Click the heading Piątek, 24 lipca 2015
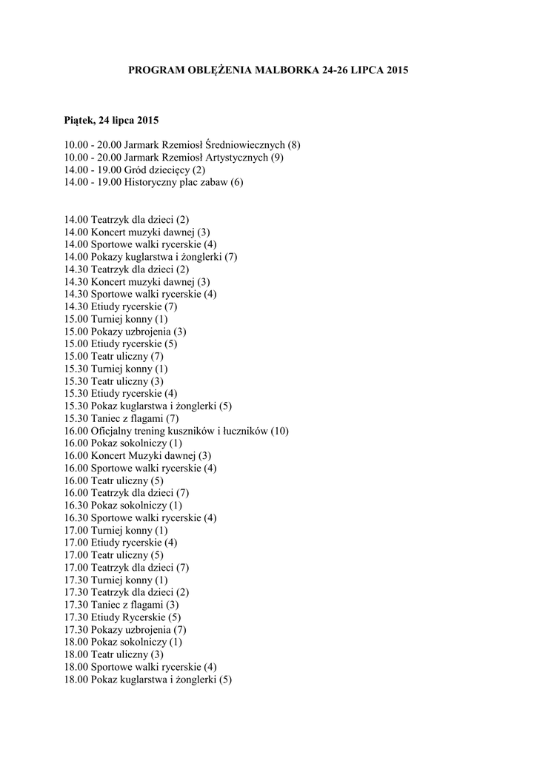[x=111, y=120]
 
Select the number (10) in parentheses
[x=278, y=431]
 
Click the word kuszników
[x=194, y=431]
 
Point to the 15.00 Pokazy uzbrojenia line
[x=125, y=332]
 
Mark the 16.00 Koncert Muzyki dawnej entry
[x=137, y=456]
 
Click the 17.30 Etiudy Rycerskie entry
[x=122, y=617]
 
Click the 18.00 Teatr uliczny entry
[x=114, y=654]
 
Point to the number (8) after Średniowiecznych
[x=294, y=145]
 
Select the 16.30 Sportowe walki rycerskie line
[x=140, y=517]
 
